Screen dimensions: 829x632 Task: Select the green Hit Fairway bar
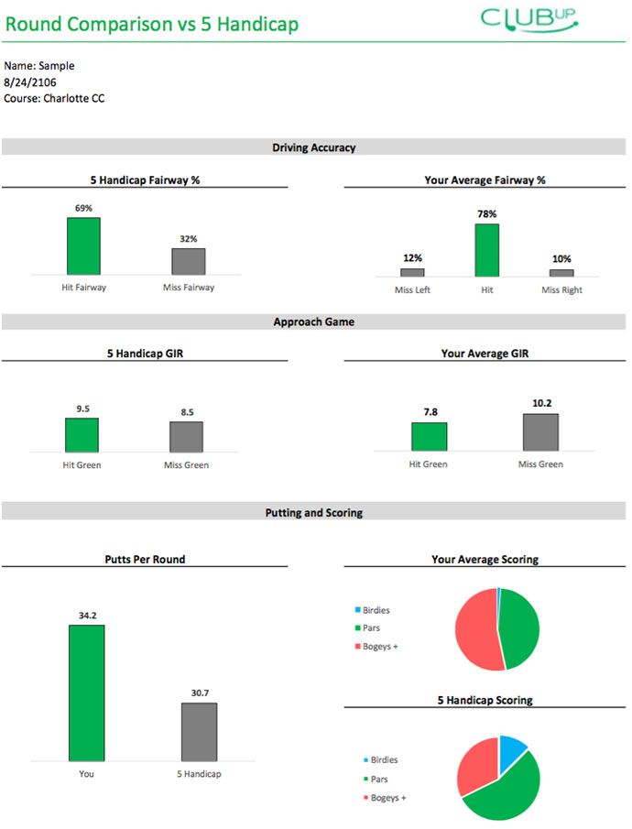pos(83,245)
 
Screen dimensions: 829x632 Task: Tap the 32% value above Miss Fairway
pos(189,238)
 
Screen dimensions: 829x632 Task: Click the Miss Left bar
pos(412,272)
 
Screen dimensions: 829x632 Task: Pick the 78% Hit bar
pos(486,250)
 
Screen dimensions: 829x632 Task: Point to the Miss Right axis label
pos(561,290)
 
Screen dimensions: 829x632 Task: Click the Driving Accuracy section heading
pos(313,147)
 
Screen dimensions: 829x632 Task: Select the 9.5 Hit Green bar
pos(82,434)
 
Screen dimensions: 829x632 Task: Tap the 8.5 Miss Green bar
pos(186,436)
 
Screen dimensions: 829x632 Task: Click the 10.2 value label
pos(540,403)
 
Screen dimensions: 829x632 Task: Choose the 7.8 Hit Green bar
pos(429,436)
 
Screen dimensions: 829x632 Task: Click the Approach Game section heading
pos(313,322)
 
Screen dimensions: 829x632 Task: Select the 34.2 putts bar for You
pos(87,692)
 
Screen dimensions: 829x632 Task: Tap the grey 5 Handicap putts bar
pos(200,731)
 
